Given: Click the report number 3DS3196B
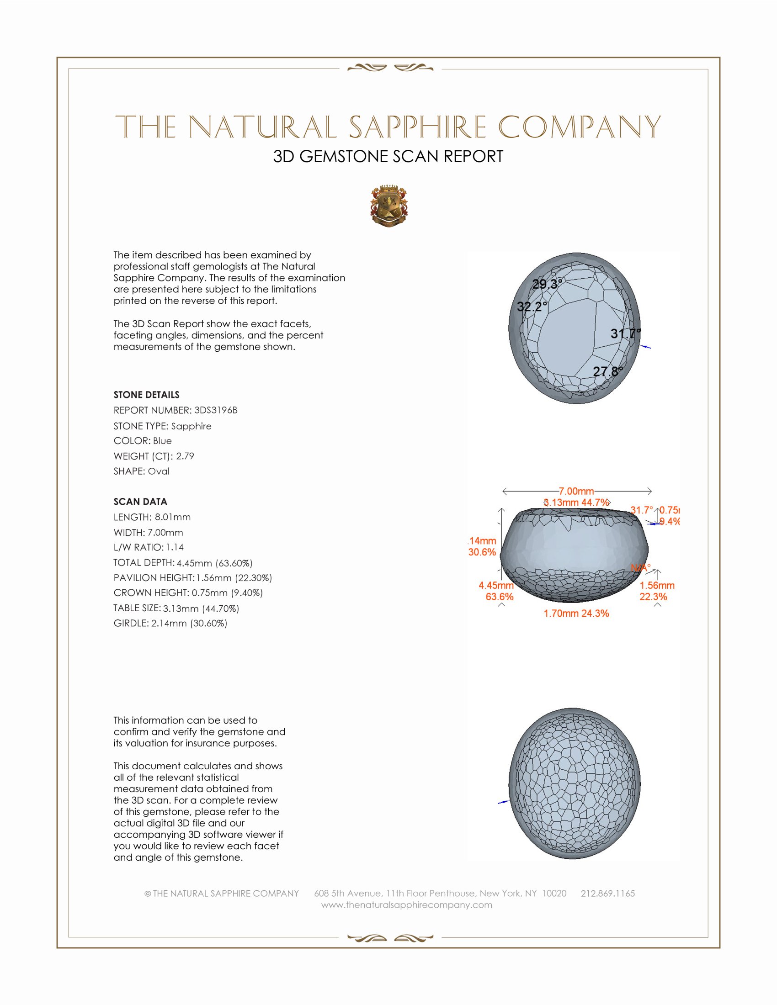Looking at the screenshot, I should pyautogui.click(x=215, y=410).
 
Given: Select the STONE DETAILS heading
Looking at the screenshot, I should pyautogui.click(x=146, y=395).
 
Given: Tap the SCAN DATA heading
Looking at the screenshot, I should pyautogui.click(x=140, y=502).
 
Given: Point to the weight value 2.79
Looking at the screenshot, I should pyautogui.click(x=185, y=456).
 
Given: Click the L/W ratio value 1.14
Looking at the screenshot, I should pyautogui.click(x=175, y=547).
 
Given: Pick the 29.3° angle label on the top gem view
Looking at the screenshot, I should pyautogui.click(x=547, y=284).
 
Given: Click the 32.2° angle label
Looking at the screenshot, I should pyautogui.click(x=532, y=307).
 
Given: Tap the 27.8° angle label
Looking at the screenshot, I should pyautogui.click(x=607, y=371).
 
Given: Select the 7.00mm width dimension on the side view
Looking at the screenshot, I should pyautogui.click(x=576, y=491).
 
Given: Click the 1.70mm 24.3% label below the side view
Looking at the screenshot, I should pyautogui.click(x=576, y=614).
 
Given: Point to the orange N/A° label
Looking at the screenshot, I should pyautogui.click(x=640, y=568).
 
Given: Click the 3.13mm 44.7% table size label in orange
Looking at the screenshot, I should pyautogui.click(x=577, y=503).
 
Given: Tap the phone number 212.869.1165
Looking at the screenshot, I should pyautogui.click(x=607, y=893).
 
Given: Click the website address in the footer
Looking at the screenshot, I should pyautogui.click(x=406, y=904).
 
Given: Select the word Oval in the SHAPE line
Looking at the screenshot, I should pyautogui.click(x=158, y=471).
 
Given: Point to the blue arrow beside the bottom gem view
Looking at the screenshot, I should pyautogui.click(x=504, y=802).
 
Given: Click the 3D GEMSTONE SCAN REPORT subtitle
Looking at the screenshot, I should pyautogui.click(x=388, y=156).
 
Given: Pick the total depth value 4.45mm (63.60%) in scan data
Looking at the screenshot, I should pyautogui.click(x=214, y=563).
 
